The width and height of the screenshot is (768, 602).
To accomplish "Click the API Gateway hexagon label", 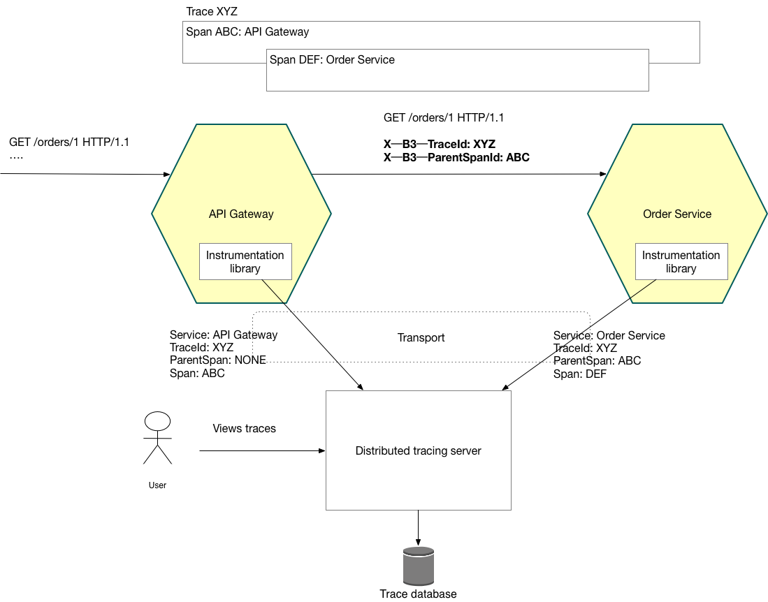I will click(x=241, y=214).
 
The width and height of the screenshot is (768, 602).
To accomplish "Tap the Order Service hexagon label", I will click(x=676, y=214).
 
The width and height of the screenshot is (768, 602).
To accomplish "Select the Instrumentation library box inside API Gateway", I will click(x=245, y=262).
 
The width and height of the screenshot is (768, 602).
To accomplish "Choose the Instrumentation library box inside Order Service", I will click(x=681, y=262).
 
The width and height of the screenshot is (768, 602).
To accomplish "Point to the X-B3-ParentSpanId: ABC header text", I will click(x=456, y=158).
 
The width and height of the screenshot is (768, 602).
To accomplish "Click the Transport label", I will click(x=421, y=337).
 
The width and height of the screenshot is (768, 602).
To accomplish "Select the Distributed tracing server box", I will click(x=418, y=450).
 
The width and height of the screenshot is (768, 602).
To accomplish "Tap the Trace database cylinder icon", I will click(x=418, y=566).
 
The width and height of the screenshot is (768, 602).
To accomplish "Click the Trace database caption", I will click(x=418, y=594).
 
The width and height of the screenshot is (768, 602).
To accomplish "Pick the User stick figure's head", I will click(x=157, y=421).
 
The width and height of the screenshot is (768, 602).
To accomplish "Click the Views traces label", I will click(x=244, y=429).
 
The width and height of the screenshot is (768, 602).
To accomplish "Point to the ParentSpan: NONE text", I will click(x=217, y=360).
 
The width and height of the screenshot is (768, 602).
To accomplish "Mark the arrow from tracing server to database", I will click(x=418, y=527).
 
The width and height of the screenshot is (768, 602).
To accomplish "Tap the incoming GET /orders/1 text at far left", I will click(x=69, y=142).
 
